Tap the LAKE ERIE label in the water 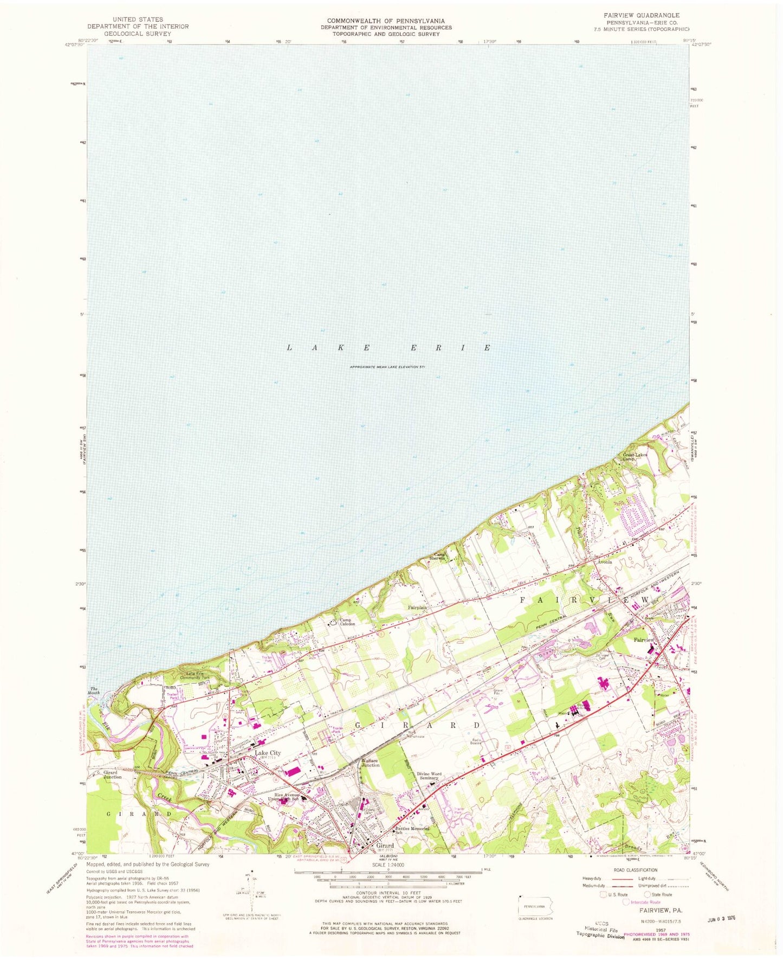pos(389,348)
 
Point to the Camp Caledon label pos(347,622)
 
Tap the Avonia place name pos(605,562)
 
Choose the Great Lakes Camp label pos(635,457)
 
